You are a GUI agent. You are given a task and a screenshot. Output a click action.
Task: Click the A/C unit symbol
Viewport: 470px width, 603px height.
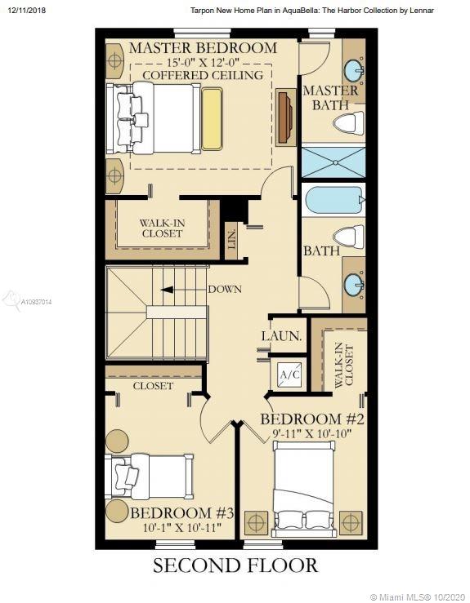289,375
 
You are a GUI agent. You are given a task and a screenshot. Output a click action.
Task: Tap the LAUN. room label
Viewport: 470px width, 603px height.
282,336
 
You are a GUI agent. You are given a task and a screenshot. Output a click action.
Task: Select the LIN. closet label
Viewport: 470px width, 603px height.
232,240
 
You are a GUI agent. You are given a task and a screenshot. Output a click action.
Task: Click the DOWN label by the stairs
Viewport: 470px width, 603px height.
225,289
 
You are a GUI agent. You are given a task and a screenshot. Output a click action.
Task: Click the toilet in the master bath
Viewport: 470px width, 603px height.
349,123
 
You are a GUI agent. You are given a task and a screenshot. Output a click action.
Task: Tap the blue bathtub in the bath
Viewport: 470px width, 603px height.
333,201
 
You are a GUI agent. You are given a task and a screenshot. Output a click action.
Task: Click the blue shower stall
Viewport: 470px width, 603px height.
333,162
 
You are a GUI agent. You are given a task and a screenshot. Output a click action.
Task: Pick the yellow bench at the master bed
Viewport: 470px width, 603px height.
212,119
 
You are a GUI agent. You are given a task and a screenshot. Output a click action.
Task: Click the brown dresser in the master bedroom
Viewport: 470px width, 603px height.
285,117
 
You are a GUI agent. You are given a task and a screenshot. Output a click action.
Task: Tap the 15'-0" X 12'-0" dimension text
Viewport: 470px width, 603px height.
203,62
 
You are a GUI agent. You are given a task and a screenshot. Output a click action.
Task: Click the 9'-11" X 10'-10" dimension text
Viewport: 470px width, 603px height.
312,434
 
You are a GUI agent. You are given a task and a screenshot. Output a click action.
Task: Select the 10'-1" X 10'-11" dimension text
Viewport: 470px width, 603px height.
182,527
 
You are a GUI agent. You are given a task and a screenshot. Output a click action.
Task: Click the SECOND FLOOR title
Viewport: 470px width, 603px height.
235,565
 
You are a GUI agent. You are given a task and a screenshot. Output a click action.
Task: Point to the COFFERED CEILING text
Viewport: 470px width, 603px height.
203,75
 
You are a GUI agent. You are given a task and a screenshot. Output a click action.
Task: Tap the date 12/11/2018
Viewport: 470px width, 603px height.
26,11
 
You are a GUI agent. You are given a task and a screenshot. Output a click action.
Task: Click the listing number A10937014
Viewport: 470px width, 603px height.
36,302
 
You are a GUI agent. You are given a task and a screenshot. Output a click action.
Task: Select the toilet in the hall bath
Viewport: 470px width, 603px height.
349,237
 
